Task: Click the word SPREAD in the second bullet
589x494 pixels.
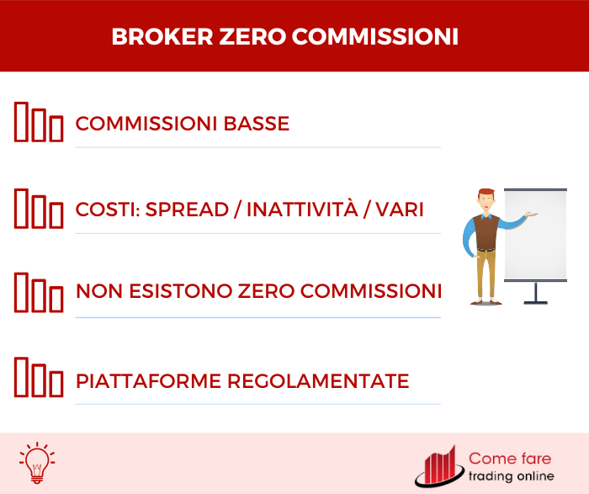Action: tap(193, 210)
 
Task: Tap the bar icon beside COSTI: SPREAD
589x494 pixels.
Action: tap(39, 208)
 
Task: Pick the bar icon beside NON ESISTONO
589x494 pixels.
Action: tap(39, 292)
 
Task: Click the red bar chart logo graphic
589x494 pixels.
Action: tap(440, 468)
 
